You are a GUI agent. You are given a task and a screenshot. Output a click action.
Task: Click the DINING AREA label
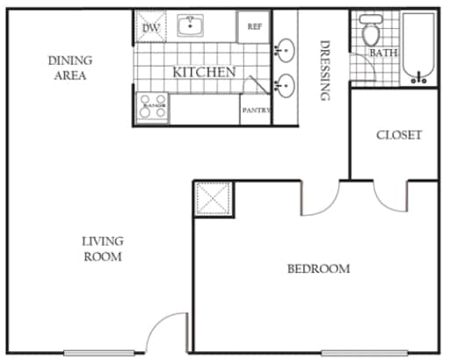(x=69, y=68)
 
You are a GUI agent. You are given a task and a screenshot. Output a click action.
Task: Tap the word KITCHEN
(x=203, y=72)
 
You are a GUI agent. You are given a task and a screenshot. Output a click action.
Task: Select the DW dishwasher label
(x=149, y=27)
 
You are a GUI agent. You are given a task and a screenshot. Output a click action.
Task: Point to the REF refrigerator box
(x=254, y=26)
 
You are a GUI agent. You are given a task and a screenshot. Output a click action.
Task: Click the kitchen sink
(x=189, y=25)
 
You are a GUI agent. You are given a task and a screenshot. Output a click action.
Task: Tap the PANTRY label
(x=256, y=110)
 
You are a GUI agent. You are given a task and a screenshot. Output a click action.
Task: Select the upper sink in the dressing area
(x=285, y=50)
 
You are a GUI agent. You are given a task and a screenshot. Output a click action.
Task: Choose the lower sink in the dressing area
(x=285, y=85)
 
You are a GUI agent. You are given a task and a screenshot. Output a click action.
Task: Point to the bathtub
(x=419, y=49)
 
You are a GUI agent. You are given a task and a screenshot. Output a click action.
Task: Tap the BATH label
(x=383, y=54)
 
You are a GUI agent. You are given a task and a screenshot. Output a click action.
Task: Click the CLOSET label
(x=399, y=135)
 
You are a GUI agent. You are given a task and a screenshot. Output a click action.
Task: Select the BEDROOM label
(x=318, y=269)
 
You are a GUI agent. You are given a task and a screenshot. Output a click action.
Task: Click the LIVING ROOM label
(x=103, y=248)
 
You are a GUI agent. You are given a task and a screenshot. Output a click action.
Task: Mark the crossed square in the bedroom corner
(x=212, y=198)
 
